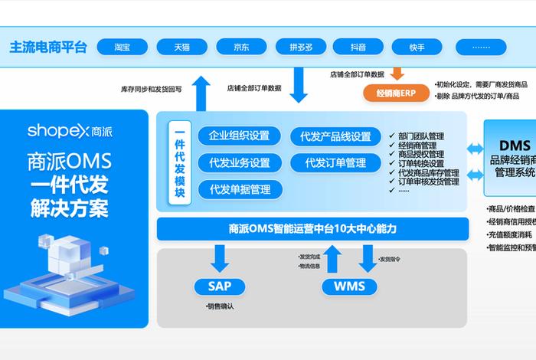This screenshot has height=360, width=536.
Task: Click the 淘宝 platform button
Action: [x=122, y=47]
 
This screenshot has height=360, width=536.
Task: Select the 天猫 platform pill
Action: [x=181, y=47]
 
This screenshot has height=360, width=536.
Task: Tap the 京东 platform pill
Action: [x=241, y=47]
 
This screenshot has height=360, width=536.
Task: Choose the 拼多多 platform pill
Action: [x=301, y=47]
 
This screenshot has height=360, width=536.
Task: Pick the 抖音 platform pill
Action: [x=358, y=47]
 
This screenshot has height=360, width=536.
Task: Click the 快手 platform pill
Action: [x=417, y=47]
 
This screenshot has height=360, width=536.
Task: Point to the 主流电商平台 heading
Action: [x=48, y=47]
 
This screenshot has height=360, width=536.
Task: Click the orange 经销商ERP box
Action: [x=397, y=93]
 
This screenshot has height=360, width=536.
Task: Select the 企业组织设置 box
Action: [x=239, y=136]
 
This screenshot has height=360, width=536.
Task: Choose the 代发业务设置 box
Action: [x=239, y=162]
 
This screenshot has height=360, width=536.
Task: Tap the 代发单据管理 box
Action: [x=239, y=189]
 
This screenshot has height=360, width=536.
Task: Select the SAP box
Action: [x=220, y=286]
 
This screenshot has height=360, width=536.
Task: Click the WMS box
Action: [x=349, y=286]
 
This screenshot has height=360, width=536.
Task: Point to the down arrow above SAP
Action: [x=220, y=259]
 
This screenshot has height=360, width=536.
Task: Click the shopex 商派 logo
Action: [x=69, y=130]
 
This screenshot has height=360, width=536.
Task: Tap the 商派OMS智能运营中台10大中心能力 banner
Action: [x=312, y=228]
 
